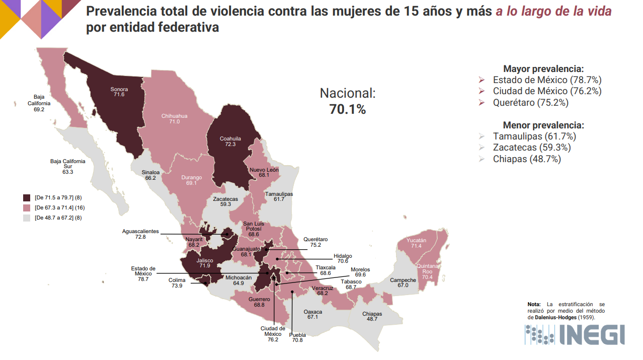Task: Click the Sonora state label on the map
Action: click(119, 89)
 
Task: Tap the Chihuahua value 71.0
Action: click(174, 122)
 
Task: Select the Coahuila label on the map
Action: click(230, 138)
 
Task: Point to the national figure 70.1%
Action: click(348, 109)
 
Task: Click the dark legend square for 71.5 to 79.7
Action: click(27, 197)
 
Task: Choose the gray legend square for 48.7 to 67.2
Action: click(27, 218)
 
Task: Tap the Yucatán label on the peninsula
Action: click(416, 240)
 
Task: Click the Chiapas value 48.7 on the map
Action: click(372, 319)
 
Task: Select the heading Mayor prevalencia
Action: click(543, 69)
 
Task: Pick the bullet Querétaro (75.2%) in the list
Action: click(530, 102)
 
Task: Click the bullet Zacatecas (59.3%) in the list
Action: click(531, 148)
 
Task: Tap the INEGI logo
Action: click(574, 334)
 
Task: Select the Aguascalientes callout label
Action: click(140, 232)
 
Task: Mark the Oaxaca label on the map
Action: click(313, 312)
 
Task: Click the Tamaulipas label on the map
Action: click(279, 194)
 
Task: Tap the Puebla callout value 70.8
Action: click(297, 340)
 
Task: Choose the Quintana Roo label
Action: click(428, 268)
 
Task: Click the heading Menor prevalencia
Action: click(543, 125)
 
